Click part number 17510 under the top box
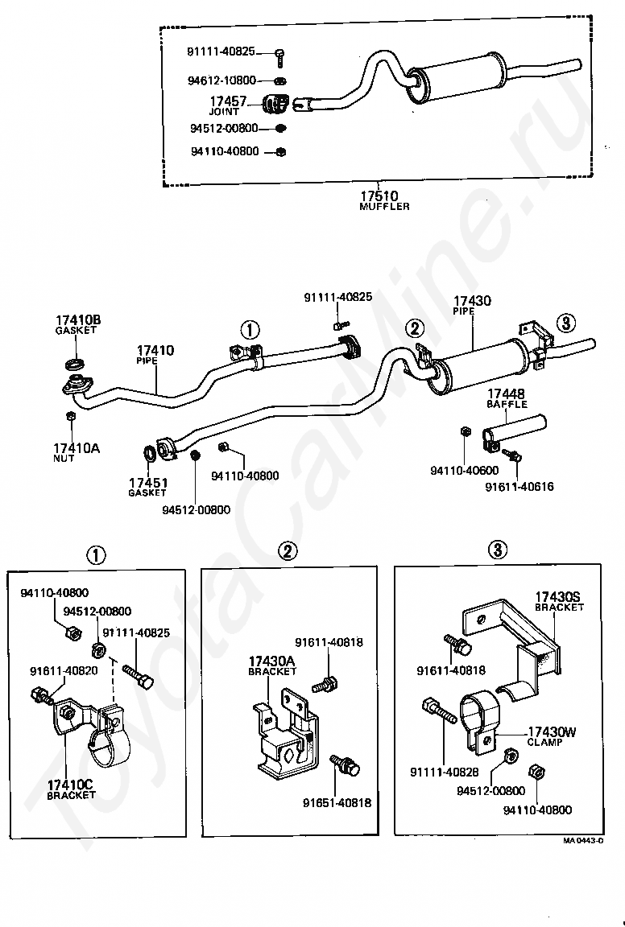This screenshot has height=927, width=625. pyautogui.click(x=379, y=196)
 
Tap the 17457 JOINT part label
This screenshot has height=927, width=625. pyautogui.click(x=227, y=106)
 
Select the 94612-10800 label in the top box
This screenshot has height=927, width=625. pyautogui.click(x=222, y=80)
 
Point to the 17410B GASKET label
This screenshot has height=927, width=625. pyautogui.click(x=77, y=324)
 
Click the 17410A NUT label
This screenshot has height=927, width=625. pyautogui.click(x=77, y=452)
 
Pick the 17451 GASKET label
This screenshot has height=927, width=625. pyautogui.click(x=148, y=487)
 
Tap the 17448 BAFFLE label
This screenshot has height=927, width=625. pyautogui.click(x=507, y=398)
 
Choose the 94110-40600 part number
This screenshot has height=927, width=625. pyautogui.click(x=465, y=471)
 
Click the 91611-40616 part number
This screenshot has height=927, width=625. pyautogui.click(x=519, y=487)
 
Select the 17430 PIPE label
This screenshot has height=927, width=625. pyautogui.click(x=472, y=305)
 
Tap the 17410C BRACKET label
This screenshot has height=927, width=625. pyautogui.click(x=71, y=789)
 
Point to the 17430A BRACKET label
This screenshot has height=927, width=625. pyautogui.click(x=272, y=665)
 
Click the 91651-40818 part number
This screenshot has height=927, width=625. pyautogui.click(x=337, y=802)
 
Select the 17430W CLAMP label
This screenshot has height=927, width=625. pyautogui.click(x=552, y=736)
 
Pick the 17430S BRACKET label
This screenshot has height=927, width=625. pyautogui.click(x=559, y=601)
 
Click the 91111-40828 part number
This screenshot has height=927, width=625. pyautogui.click(x=445, y=772)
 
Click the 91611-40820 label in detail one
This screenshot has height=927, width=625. pyautogui.click(x=64, y=670)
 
